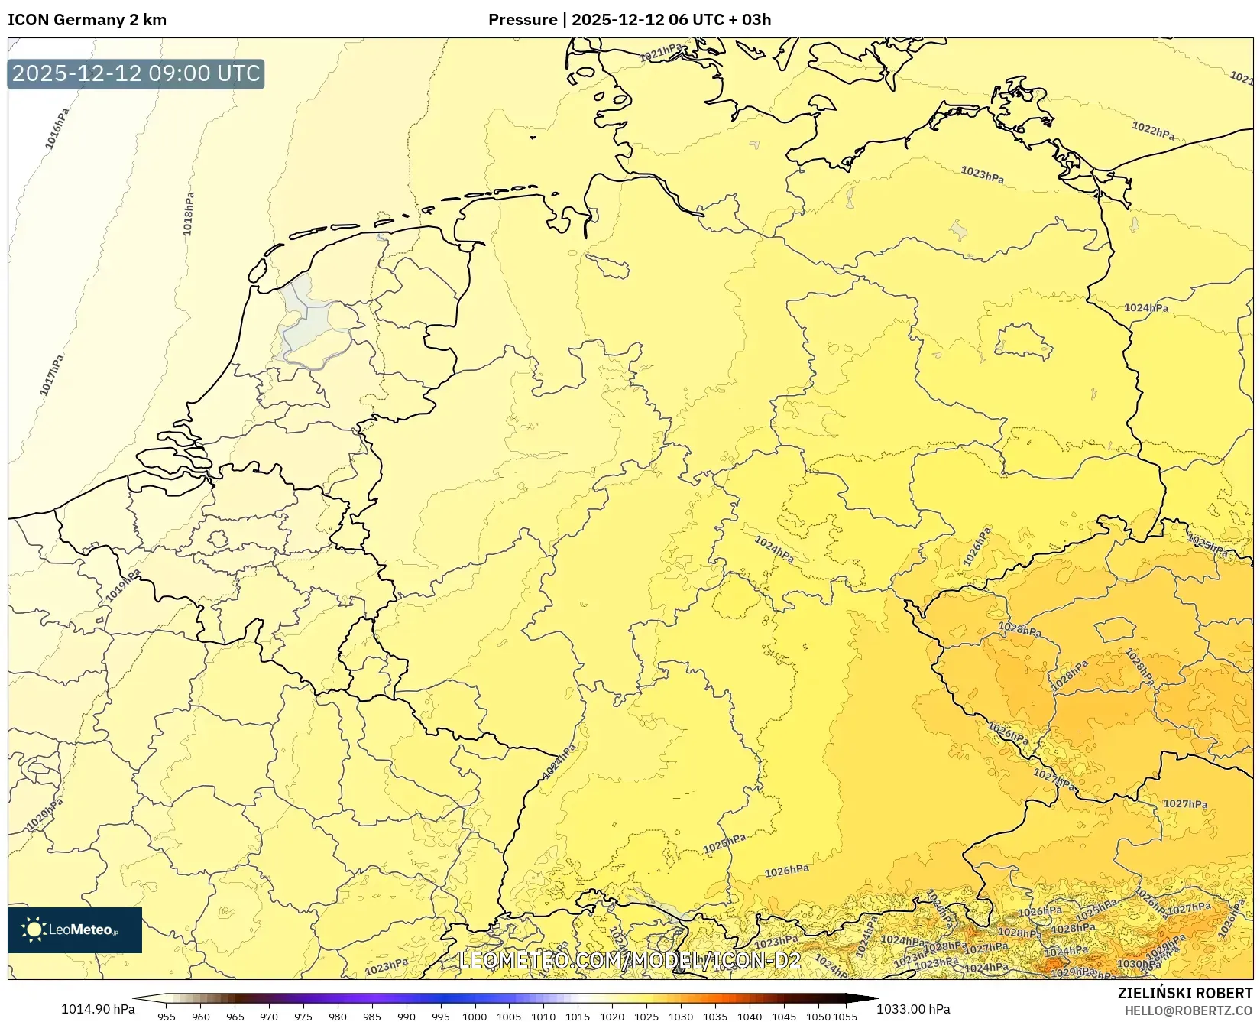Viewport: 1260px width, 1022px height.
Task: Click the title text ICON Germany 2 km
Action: point(86,20)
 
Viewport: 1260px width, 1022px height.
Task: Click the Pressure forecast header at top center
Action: point(630,20)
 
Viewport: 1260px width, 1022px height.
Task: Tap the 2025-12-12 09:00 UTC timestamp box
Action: point(136,73)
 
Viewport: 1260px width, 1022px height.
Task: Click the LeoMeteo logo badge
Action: point(75,930)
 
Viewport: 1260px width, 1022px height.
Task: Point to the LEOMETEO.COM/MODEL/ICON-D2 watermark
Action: point(630,960)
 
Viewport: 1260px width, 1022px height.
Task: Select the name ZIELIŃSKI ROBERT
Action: point(1185,993)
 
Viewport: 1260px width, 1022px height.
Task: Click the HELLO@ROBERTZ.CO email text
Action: point(1188,1010)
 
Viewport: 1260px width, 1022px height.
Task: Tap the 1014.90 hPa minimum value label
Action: point(98,1009)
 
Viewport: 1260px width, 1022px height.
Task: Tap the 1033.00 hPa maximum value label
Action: point(913,1009)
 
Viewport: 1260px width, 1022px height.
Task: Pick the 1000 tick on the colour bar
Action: point(475,1017)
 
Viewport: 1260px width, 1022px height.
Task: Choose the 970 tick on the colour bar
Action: point(269,1017)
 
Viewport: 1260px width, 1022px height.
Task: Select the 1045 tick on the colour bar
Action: point(784,1017)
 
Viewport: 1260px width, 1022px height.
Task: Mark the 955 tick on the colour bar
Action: point(167,1017)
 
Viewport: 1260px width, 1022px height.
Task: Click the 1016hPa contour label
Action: point(57,128)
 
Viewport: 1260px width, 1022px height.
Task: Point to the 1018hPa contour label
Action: point(188,213)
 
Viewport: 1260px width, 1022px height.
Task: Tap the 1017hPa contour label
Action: point(52,375)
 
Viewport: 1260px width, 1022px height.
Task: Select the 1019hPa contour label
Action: point(124,585)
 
